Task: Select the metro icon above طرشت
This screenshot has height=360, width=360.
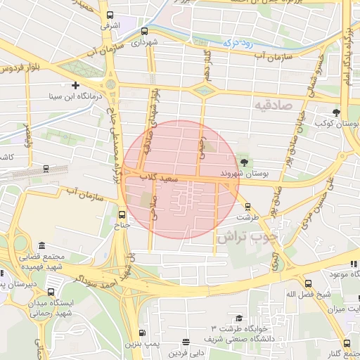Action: coord(247,206)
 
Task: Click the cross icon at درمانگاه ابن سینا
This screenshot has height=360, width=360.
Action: coord(75,84)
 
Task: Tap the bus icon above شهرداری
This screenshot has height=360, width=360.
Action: coord(144,31)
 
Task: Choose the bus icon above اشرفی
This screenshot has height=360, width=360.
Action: coord(109,15)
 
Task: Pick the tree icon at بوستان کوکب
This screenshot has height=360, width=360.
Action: coord(337,112)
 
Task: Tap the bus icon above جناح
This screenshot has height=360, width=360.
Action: coord(122,214)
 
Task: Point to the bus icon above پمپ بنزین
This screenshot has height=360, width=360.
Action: coord(143,333)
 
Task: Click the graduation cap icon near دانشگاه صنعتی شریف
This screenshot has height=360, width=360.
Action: coord(239,319)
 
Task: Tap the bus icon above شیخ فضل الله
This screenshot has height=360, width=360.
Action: coord(307,283)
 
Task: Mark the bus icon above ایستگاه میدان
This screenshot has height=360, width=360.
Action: coord(50,290)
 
